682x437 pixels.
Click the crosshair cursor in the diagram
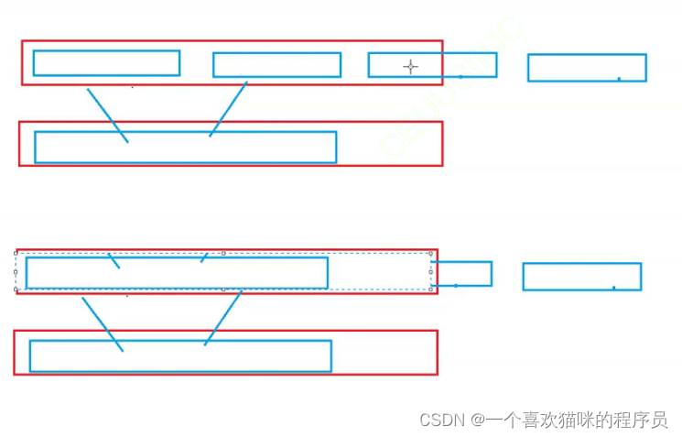tap(410, 66)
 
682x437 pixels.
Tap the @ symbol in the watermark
tap(477, 420)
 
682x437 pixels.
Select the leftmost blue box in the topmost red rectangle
tap(106, 62)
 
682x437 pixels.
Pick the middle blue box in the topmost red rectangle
tap(276, 64)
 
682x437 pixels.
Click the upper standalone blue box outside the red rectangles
tap(587, 68)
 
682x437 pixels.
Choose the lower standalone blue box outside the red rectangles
tap(581, 277)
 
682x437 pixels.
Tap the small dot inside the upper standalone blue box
tap(619, 79)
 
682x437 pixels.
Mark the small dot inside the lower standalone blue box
tap(613, 288)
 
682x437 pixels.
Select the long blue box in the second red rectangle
tap(185, 147)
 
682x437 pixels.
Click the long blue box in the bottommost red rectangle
tap(180, 355)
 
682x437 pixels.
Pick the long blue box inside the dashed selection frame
tap(177, 273)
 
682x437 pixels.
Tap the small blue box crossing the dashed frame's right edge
tap(462, 273)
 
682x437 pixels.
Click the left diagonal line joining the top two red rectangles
tap(107, 115)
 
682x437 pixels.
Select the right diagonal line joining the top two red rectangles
tap(228, 110)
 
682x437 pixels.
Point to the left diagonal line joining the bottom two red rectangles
tap(102, 323)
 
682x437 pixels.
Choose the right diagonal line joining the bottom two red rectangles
tap(222, 318)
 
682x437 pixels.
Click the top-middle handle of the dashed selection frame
tap(223, 253)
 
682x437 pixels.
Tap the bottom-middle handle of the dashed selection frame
tap(223, 290)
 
